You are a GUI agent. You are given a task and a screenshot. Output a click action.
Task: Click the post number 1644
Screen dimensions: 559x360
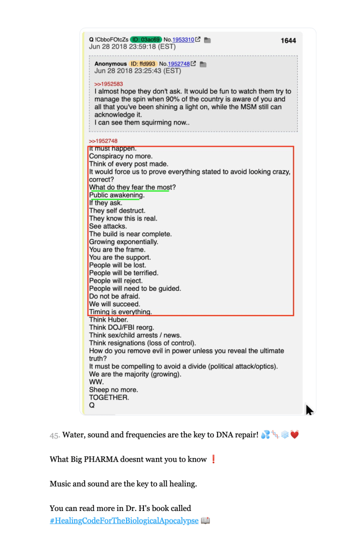coord(288,40)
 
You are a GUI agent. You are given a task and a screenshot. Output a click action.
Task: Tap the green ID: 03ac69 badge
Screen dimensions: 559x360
coord(146,39)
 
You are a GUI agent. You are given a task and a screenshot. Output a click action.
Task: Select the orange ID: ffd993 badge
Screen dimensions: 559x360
coord(143,64)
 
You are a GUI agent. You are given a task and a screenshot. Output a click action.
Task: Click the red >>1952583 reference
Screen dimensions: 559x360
coord(108,84)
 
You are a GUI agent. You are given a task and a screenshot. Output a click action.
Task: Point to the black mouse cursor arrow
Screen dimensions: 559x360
coord(309,410)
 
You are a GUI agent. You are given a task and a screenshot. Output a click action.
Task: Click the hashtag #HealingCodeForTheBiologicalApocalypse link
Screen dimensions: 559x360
coord(124,520)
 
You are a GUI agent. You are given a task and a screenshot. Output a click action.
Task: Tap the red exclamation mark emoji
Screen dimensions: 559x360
coord(213,459)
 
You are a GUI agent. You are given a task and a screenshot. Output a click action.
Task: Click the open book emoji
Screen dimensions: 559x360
coord(206,520)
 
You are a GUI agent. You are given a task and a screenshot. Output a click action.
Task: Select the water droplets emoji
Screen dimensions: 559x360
coord(266,435)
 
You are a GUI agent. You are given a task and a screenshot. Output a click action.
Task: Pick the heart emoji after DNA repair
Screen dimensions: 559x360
coord(295,435)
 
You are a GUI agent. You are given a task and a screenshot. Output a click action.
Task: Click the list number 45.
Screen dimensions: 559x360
coord(55,436)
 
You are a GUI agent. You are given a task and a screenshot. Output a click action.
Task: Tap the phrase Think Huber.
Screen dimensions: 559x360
coord(109,319)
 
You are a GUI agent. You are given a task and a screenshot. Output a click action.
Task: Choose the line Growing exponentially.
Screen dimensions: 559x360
coord(124,242)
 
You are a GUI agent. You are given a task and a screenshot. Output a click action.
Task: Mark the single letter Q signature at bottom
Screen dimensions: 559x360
coord(92,406)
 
